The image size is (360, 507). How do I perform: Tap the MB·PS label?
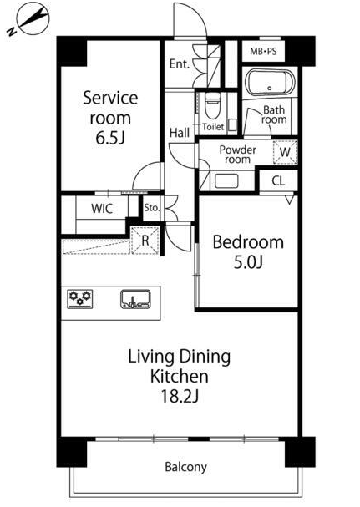tap(263, 51)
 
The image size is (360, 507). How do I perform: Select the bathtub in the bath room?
tap(270, 82)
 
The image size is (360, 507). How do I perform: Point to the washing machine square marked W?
tap(285, 152)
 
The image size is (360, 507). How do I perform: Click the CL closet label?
tap(278, 180)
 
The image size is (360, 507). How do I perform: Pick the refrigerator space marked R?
tap(145, 240)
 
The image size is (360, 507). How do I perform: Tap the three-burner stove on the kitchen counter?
tap(80, 299)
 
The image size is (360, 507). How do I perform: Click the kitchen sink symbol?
tap(135, 299)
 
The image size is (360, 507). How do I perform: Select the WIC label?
tap(102, 209)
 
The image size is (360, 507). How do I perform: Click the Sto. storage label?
tap(152, 208)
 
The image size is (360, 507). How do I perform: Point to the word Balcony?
tap(185, 467)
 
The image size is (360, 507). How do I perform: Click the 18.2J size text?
tap(180, 396)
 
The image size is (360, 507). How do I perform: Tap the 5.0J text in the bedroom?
tap(248, 262)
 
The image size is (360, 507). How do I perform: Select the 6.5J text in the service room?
tap(110, 138)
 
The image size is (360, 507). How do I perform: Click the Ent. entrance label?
tap(180, 64)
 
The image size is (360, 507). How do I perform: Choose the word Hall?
tap(180, 133)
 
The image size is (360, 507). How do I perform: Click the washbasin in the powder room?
tap(226, 181)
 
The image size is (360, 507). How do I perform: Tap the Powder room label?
tap(237, 155)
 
